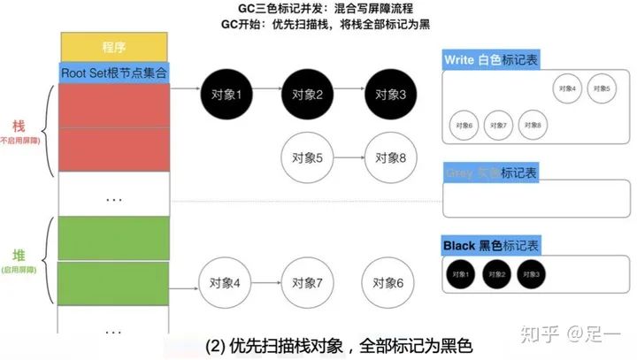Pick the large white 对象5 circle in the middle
306,158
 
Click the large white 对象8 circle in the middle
389,158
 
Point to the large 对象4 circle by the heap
226,283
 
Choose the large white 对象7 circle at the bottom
306,283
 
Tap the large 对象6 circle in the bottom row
389,283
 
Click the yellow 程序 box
114,46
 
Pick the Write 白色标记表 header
490,60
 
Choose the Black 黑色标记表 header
491,245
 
